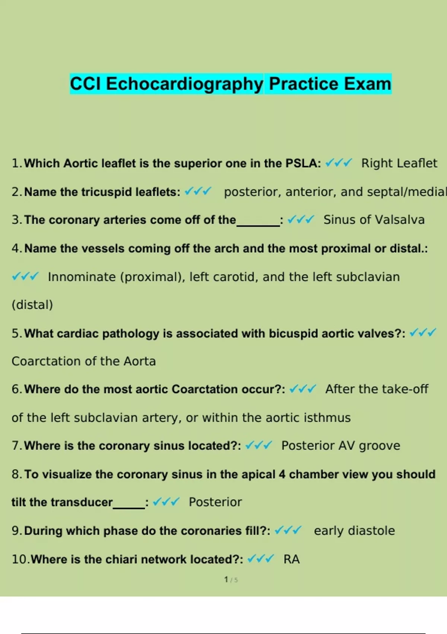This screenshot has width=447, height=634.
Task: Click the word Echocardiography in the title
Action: point(185,84)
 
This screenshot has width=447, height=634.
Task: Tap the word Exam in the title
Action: point(367,84)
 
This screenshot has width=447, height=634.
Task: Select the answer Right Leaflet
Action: point(399,163)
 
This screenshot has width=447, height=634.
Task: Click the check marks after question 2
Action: point(198,192)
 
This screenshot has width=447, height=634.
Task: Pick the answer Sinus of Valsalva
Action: point(374,220)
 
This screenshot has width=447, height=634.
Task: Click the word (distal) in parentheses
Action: point(32,305)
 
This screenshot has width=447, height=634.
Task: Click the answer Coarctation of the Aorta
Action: point(83,361)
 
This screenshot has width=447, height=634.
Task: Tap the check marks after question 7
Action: point(259,446)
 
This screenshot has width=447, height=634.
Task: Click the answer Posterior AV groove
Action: point(340,446)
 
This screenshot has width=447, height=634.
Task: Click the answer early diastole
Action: point(354,531)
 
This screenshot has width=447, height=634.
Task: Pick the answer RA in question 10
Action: point(291,559)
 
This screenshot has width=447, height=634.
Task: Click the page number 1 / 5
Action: point(231,580)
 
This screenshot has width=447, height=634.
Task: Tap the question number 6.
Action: point(16,389)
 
